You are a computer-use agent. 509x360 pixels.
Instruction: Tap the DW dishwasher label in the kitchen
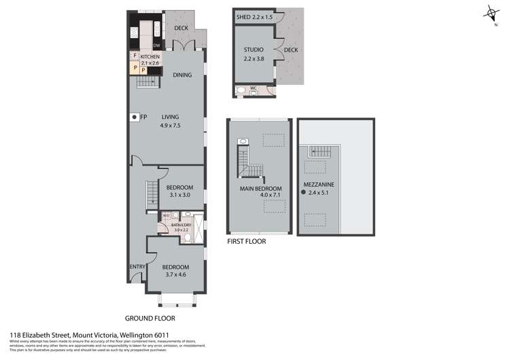[x=156, y=46]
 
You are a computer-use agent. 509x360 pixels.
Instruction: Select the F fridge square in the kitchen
[x=135, y=56]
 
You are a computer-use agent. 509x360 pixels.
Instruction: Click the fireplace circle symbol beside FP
[x=135, y=118]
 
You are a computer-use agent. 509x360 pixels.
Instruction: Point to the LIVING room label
[x=170, y=117]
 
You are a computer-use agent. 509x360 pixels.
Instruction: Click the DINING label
[x=181, y=75]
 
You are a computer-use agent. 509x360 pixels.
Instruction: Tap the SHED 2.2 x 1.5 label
[x=254, y=17]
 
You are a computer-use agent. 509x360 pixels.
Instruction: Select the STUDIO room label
[x=254, y=49]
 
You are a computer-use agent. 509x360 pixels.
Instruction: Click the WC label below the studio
[x=253, y=88]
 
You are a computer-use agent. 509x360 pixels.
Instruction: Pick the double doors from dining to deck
[x=183, y=46]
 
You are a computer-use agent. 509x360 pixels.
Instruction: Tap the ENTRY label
[x=137, y=266]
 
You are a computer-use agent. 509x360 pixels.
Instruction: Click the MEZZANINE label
[x=318, y=185]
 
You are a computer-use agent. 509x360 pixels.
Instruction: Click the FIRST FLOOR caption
[x=246, y=241]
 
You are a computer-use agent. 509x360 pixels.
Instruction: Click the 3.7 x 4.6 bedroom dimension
[x=175, y=274]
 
